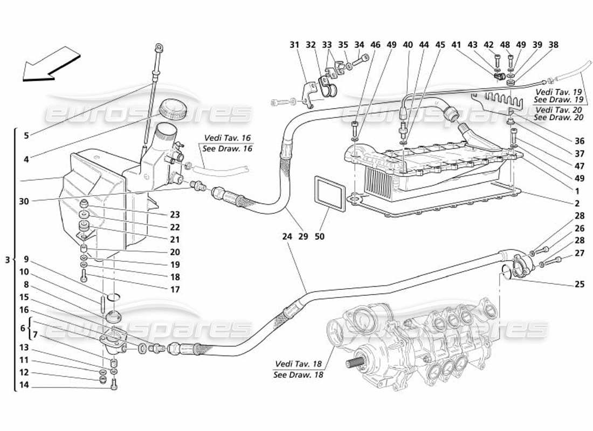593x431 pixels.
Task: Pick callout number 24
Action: (x=287, y=236)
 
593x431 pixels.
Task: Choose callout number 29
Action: (x=303, y=236)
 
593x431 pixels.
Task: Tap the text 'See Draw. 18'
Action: (x=298, y=374)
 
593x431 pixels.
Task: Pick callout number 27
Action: (x=579, y=252)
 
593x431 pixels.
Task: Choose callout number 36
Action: (x=579, y=141)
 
